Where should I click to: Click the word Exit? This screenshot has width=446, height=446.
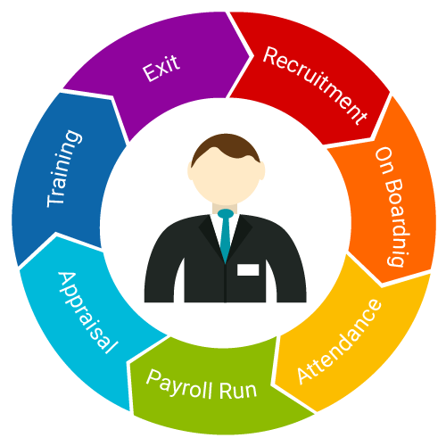click(161, 68)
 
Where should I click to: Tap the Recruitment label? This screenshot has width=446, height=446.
click(315, 86)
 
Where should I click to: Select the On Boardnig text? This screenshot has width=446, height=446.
click(393, 206)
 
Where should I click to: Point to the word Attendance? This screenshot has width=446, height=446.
click(339, 342)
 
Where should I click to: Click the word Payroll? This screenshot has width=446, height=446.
click(179, 384)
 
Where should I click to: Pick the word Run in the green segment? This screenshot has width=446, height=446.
click(238, 390)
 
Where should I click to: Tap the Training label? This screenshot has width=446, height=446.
click(64, 169)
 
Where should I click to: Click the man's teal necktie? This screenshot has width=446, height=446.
click(226, 235)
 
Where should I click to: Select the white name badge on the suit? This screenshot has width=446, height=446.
click(248, 269)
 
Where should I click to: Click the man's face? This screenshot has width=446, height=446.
click(226, 176)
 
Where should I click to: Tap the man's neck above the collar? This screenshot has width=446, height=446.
click(225, 208)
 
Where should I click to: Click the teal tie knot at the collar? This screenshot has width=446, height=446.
click(226, 213)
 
